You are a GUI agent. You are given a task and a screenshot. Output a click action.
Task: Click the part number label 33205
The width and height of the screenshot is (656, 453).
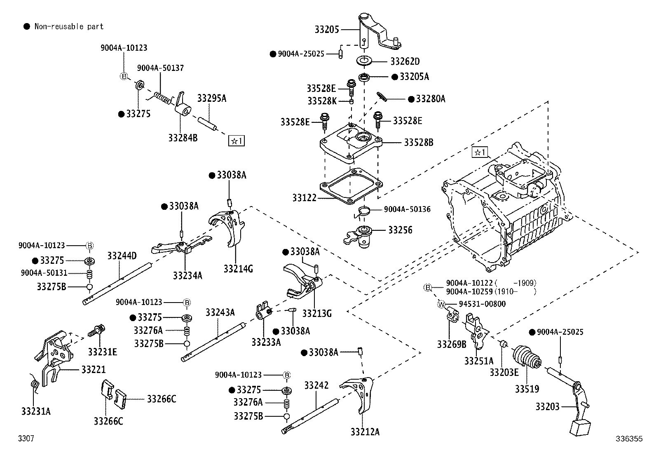click(x=327, y=30)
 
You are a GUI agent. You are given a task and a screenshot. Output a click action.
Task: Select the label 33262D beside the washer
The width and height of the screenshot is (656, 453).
click(x=405, y=62)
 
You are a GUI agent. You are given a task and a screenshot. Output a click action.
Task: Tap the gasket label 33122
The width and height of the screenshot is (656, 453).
click(x=305, y=198)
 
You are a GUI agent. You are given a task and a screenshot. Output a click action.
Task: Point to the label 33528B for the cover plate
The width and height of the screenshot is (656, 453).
click(x=418, y=143)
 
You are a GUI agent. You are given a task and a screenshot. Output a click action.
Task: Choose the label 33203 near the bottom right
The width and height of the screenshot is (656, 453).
click(x=548, y=407)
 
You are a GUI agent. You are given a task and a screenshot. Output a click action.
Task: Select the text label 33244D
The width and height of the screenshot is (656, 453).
click(x=122, y=256)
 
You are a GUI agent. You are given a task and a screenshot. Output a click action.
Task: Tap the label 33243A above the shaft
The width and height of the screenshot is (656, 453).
click(x=220, y=312)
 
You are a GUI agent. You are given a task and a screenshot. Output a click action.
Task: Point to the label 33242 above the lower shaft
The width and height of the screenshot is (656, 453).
click(x=316, y=385)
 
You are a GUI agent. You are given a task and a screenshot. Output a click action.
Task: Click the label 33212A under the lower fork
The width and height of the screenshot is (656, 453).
click(x=365, y=432)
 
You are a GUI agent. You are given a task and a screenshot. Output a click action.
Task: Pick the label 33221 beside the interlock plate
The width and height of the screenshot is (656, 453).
click(x=94, y=370)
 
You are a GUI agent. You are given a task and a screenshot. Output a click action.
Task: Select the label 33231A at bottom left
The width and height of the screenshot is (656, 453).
click(x=36, y=411)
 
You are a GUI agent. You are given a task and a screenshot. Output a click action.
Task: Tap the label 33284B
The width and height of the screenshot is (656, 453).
click(x=183, y=137)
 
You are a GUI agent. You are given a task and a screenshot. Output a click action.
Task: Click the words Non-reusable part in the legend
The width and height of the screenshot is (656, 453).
click(x=69, y=27)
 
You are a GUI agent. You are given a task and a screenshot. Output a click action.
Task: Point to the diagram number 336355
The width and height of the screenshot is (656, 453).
click(x=629, y=439)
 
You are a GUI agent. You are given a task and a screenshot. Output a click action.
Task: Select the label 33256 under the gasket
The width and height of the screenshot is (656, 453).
click(x=400, y=230)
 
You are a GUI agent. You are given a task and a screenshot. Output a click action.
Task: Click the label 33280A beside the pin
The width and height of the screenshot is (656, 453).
click(x=431, y=99)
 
